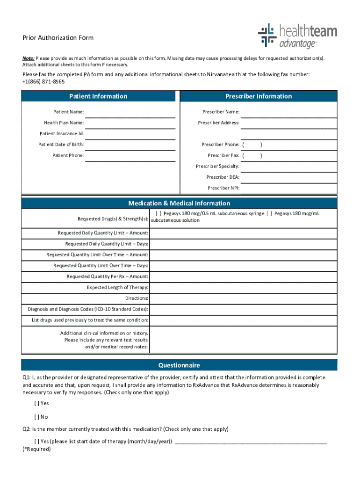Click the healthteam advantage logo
pos(297,36)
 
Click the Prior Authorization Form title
pos(58,38)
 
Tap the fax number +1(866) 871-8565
pos(43,81)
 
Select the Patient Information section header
pos(98,96)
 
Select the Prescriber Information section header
pos(258,96)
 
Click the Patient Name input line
pos(130,112)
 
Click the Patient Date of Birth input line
pos(130,145)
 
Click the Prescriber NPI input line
pos(288,188)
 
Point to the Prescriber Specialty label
pos(217,166)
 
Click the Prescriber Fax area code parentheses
pos(252,155)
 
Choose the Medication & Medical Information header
pos(179,203)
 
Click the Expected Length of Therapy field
pos(243,287)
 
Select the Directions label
pos(137,298)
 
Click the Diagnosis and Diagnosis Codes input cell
pos(243,309)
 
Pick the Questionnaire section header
pos(179,365)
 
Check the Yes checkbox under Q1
pos(36,403)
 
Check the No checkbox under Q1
pos(36,417)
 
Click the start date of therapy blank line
pos(251,441)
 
